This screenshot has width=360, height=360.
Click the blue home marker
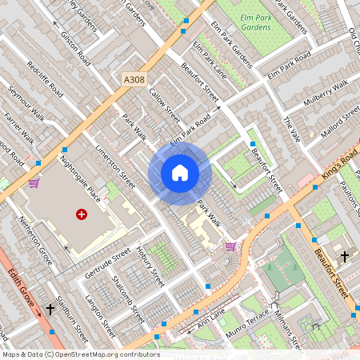tap(180, 172)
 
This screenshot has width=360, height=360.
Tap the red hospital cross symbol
tap(81, 214)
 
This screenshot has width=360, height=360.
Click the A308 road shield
tap(136, 79)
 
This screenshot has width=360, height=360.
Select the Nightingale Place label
tap(82, 178)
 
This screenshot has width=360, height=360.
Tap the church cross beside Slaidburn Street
tap(50, 308)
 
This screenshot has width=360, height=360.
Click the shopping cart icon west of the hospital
tap(34, 182)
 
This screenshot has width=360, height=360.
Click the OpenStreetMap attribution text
tap(80, 354)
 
